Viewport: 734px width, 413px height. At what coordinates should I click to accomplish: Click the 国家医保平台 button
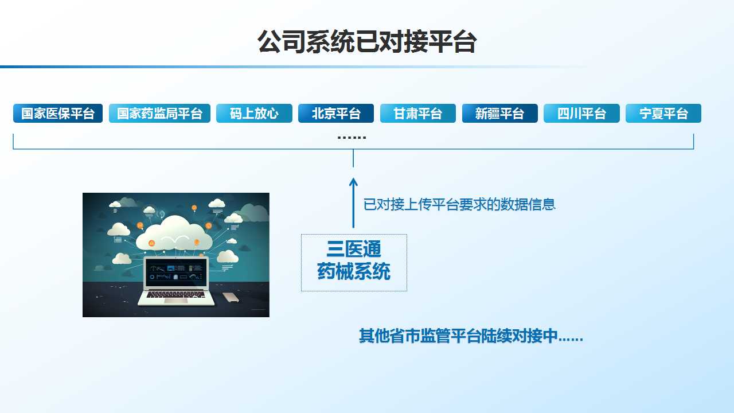point(58,114)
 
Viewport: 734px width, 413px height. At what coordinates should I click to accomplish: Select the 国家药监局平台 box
point(159,114)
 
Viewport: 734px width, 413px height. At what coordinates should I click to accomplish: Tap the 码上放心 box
point(254,114)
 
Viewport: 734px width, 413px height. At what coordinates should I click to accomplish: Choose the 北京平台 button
point(336,114)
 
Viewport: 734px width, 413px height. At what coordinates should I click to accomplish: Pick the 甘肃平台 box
point(418,114)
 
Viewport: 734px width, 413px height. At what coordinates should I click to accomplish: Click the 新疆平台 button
point(499,114)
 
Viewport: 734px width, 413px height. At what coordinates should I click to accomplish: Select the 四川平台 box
point(581,114)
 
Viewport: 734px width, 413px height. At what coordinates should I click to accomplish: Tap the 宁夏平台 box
point(663,114)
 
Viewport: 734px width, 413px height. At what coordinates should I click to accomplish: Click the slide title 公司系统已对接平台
point(367,42)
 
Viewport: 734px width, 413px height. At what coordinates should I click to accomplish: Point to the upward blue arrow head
point(353,182)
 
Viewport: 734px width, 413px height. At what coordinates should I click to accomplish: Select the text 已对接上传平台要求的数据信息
point(459,204)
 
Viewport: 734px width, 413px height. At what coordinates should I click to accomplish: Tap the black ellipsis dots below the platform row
point(352,138)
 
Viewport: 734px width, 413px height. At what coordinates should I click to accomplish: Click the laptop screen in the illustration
point(176,272)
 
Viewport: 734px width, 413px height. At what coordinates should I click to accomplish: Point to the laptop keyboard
point(176,295)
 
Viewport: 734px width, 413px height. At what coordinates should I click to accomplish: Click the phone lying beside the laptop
point(231,297)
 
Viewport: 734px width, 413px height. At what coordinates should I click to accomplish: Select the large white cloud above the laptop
point(174,235)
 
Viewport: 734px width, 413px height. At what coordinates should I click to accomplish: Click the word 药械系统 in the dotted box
point(354,271)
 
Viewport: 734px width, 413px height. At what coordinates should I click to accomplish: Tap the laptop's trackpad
point(176,301)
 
